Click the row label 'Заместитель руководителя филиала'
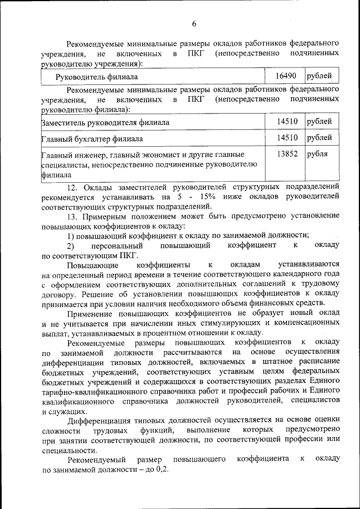pyautogui.click(x=106, y=122)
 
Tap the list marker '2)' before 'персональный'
pyautogui.click(x=70, y=246)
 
